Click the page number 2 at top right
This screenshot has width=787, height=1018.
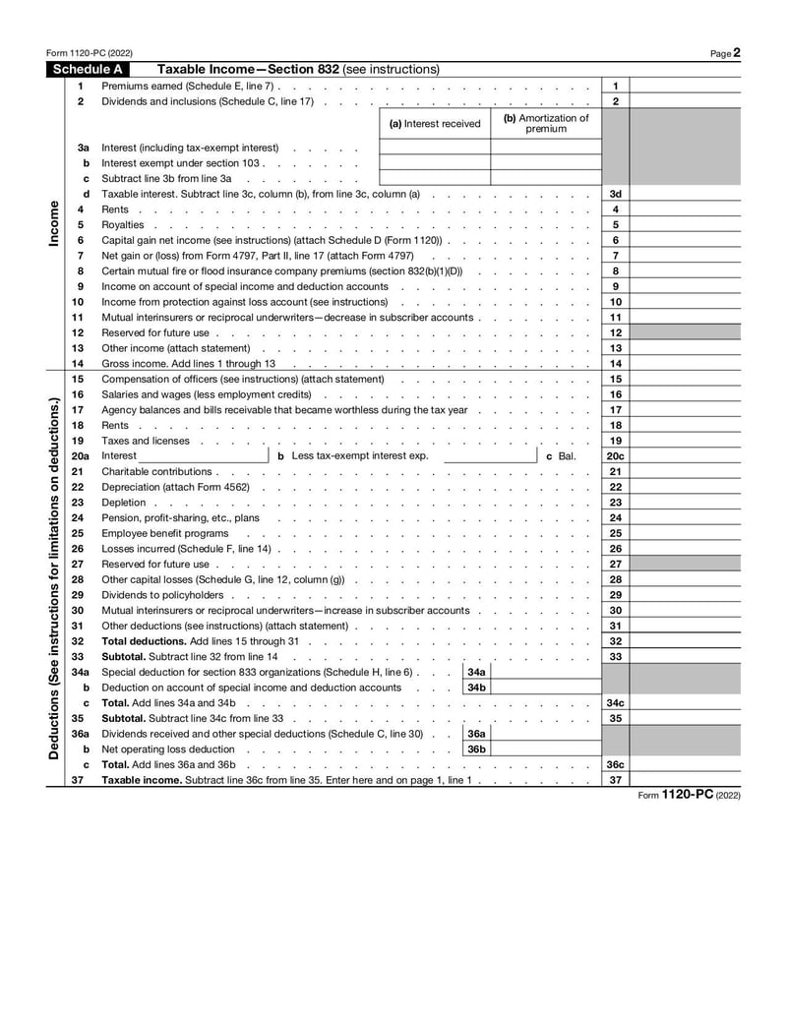click(736, 53)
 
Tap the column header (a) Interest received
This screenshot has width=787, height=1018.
click(435, 124)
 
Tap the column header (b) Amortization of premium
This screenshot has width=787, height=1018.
click(546, 123)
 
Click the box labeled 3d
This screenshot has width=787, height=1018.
click(615, 194)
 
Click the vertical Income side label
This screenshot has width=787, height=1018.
click(53, 224)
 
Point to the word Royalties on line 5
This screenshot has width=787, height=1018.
click(122, 225)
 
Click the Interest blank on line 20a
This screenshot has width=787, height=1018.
click(203, 456)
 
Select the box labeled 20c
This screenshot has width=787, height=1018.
click(615, 456)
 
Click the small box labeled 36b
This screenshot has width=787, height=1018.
click(476, 749)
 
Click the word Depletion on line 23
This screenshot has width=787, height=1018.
click(124, 503)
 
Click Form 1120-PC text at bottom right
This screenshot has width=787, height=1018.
click(699, 794)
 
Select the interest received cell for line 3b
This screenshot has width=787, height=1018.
click(435, 163)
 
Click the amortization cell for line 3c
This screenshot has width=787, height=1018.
click(546, 179)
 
